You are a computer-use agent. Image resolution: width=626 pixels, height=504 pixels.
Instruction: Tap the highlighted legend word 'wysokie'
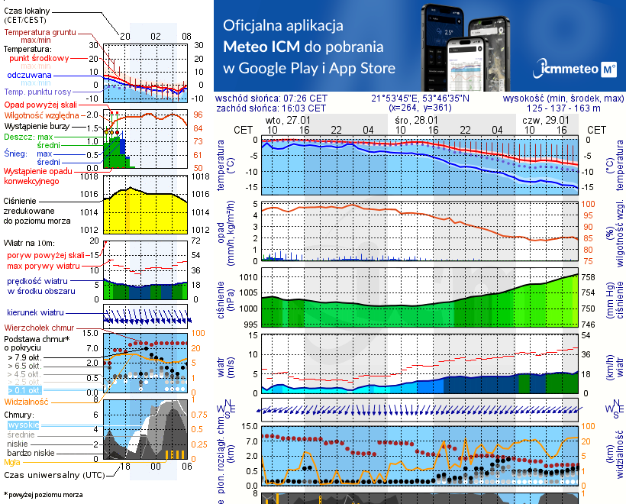point(22,425)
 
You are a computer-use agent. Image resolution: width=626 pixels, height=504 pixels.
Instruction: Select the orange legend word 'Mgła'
point(12,462)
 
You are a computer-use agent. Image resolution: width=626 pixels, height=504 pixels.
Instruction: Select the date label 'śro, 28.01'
point(415,121)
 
